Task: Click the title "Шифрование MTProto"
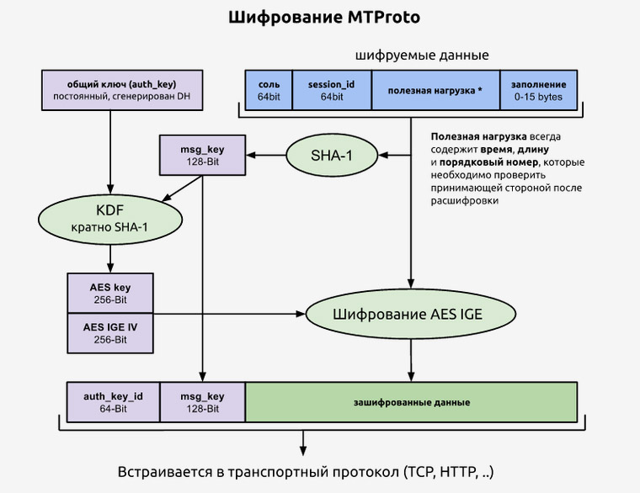point(320,18)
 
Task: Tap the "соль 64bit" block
point(269,91)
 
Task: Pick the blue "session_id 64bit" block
point(332,91)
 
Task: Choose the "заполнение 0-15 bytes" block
point(539,91)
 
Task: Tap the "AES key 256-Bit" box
point(109,293)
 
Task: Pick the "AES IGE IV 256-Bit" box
point(109,332)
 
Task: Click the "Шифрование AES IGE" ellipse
point(410,315)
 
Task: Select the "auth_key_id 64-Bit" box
point(113,401)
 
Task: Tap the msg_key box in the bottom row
point(202,401)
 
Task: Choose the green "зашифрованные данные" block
point(411,401)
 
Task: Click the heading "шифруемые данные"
point(422,56)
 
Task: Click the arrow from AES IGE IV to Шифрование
point(227,315)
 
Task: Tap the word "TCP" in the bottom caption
point(420,469)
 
